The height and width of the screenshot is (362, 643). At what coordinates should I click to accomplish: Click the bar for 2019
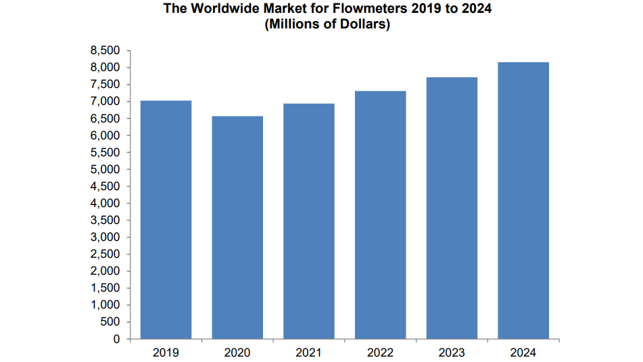pos(166,220)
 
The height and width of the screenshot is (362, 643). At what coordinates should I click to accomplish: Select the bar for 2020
pos(237,227)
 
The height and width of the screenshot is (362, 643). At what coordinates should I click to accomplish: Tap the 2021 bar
pos(309,221)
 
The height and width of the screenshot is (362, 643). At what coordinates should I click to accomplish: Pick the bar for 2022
pos(381,215)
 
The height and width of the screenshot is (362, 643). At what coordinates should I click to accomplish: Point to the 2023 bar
pos(452,208)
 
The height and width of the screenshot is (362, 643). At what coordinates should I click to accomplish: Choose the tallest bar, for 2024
pos(523,200)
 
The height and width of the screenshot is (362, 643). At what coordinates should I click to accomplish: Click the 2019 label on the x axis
pos(166,353)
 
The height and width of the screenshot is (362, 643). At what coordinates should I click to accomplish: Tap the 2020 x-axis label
pos(237,353)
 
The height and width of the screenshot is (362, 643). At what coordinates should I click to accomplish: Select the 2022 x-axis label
pos(381,353)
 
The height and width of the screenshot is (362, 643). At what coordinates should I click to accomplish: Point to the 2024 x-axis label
pos(523,353)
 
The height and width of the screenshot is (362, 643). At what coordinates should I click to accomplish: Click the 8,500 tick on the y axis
pos(105,51)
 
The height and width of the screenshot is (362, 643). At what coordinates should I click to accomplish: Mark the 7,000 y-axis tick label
pos(105,101)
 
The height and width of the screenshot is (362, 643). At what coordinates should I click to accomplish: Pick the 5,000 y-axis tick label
pos(105,169)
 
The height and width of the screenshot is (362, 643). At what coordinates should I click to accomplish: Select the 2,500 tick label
pos(105,254)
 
